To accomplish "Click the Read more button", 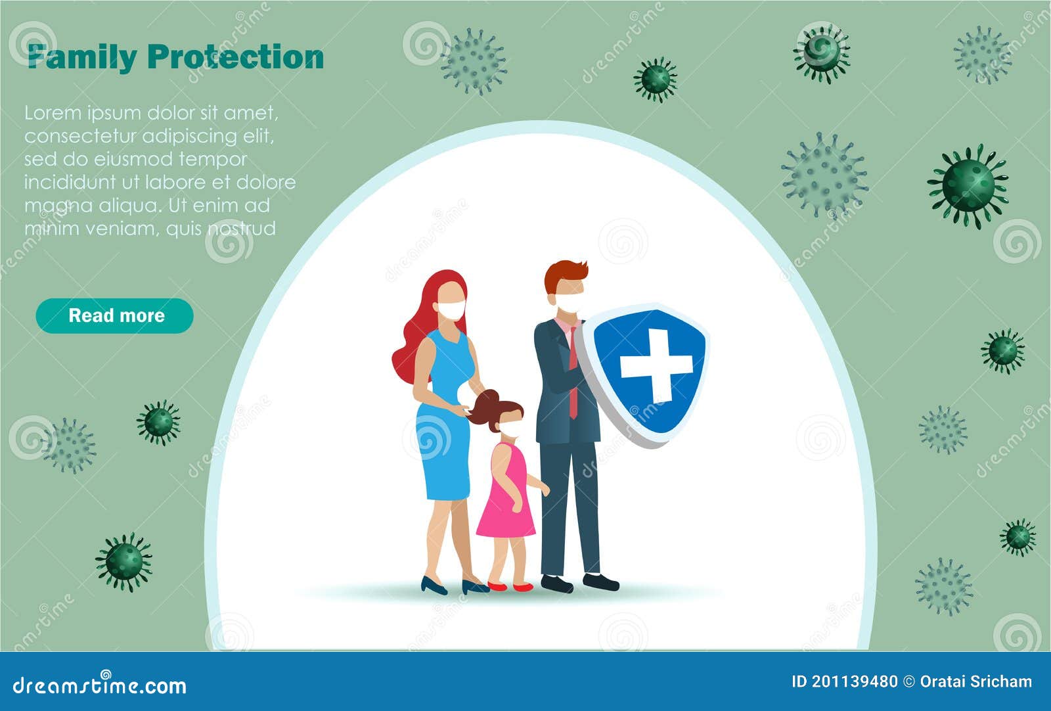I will coord(115,315).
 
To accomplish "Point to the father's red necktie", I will coord(573,375).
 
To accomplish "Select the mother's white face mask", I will coord(452,309).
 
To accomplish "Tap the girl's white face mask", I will coord(511,429).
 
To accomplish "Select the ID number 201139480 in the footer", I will coord(854,681).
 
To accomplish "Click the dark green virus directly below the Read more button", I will coord(158,423).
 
